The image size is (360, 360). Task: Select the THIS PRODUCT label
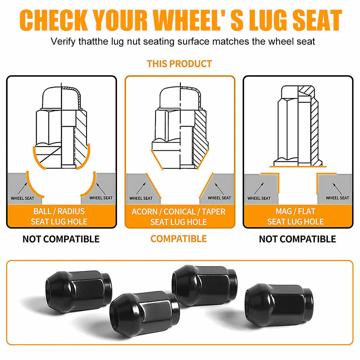tap(179, 64)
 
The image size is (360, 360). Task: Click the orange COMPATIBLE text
tap(179, 239)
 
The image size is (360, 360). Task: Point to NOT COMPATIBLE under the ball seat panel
tap(61, 239)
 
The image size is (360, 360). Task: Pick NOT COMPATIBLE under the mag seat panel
tap(298, 239)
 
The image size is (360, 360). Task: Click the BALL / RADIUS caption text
tap(59, 211)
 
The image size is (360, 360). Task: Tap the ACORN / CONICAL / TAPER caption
tap(179, 211)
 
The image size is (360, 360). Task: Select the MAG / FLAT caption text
tap(296, 211)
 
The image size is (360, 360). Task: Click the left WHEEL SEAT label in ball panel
tap(22, 198)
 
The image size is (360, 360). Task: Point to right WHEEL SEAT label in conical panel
tap(220, 198)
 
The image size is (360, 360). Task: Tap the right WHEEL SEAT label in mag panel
tap(338, 198)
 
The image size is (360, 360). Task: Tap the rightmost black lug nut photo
tap(279, 304)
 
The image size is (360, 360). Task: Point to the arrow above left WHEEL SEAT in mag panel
tap(259, 188)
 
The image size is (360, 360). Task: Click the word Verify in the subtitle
tap(63, 41)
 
